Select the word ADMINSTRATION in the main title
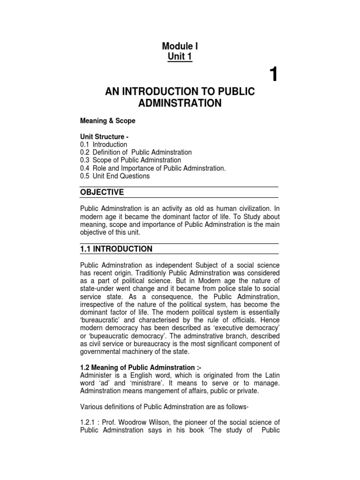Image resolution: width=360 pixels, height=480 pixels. point(180,103)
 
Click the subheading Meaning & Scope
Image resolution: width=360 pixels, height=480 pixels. point(108,121)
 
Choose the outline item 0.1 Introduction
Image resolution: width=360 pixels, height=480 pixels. point(104,144)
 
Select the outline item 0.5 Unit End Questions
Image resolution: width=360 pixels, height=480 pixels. point(115,176)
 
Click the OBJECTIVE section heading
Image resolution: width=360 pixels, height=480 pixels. point(102,192)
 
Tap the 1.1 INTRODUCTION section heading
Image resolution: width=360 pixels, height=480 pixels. point(116,249)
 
